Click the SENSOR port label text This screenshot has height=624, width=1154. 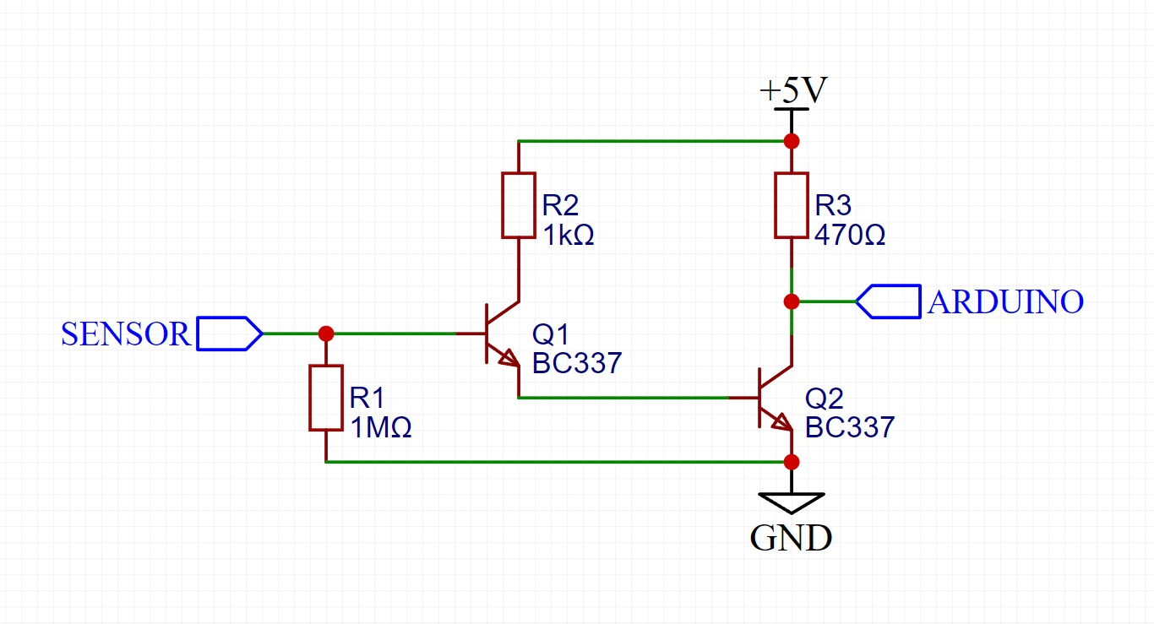click(x=126, y=334)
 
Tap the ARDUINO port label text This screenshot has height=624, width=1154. click(x=1005, y=301)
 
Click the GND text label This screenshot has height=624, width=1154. click(x=791, y=538)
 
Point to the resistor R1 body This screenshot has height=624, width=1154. click(x=326, y=398)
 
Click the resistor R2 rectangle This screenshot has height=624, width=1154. click(x=519, y=205)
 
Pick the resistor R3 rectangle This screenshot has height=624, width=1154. click(x=792, y=205)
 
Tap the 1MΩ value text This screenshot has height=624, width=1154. click(x=381, y=428)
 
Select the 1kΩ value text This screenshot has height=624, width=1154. click(x=569, y=235)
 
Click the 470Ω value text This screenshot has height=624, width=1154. click(x=850, y=235)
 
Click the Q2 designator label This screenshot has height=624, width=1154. click(x=823, y=399)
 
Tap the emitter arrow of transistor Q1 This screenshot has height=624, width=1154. click(x=509, y=360)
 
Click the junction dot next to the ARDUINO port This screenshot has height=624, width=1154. click(x=792, y=301)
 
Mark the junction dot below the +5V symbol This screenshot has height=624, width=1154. click(x=792, y=140)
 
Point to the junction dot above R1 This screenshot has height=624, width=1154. click(x=326, y=334)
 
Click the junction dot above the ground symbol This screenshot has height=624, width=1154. click(x=792, y=462)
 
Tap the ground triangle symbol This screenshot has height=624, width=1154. click(x=792, y=502)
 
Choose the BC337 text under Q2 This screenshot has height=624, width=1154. click(x=850, y=427)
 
